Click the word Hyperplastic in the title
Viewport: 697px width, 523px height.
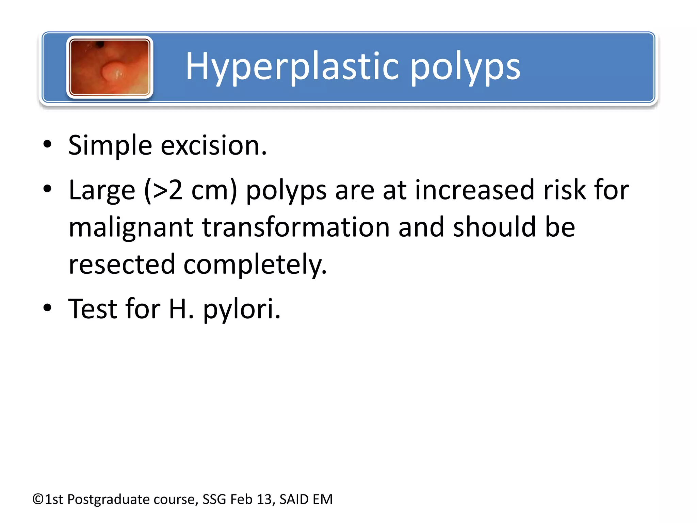pyautogui.click(x=291, y=66)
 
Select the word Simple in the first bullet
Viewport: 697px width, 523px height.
pyautogui.click(x=110, y=146)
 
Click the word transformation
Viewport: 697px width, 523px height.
pyautogui.click(x=296, y=227)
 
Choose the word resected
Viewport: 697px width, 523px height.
pyautogui.click(x=121, y=265)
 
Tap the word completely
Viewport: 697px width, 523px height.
pyautogui.click(x=255, y=265)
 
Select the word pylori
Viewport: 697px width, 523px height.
pyautogui.click(x=242, y=309)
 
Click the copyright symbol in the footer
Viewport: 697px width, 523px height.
pyautogui.click(x=38, y=500)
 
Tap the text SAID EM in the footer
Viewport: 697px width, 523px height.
pyautogui.click(x=306, y=500)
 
